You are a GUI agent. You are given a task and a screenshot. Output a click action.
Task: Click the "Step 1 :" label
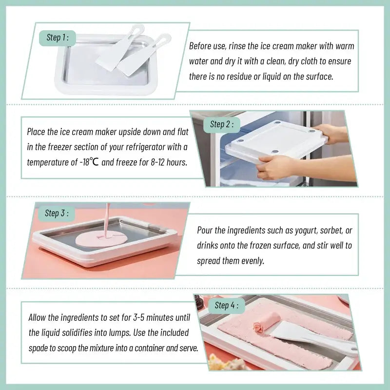(57, 38)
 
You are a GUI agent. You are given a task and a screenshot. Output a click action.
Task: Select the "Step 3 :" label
(56, 213)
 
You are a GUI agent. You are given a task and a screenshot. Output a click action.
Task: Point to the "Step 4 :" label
(227, 306)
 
